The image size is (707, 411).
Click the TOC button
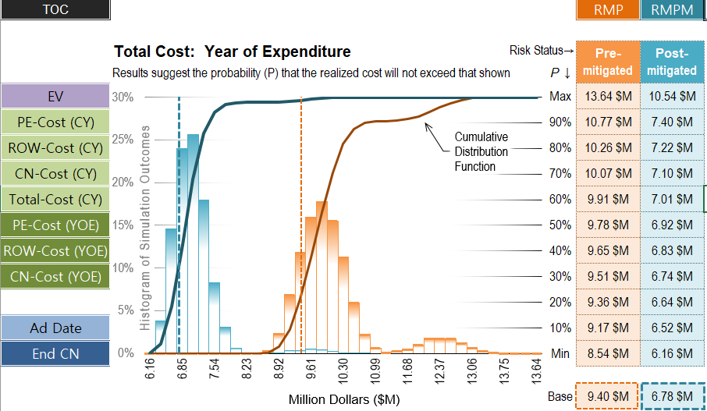coord(55,9)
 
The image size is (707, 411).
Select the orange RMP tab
coord(607,9)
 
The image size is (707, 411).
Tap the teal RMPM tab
coord(672,9)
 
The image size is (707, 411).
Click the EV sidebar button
coord(55,97)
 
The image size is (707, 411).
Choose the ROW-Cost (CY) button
coord(55,148)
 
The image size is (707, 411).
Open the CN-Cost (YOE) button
coord(55,276)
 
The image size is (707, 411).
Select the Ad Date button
coord(55,328)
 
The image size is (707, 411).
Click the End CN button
coord(55,353)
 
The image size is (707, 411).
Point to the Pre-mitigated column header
coord(608,62)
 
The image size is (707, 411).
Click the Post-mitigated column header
coord(672,62)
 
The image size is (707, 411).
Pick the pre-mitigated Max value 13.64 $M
coord(608,97)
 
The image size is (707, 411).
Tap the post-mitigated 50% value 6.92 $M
coord(672,225)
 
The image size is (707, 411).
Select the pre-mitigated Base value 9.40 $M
coord(608,397)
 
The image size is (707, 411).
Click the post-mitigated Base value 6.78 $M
coord(672,397)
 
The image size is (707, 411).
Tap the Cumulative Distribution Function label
coord(481,151)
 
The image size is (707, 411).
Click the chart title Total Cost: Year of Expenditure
coord(232,52)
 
